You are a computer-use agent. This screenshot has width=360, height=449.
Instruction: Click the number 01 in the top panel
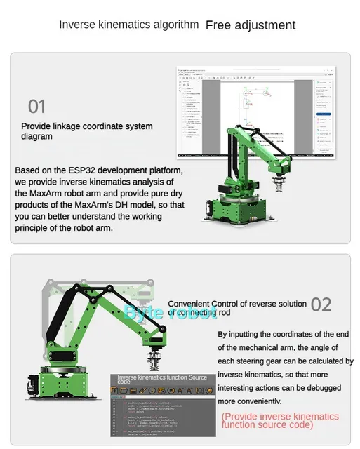coord(36,107)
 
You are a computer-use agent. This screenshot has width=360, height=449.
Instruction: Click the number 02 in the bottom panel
coord(321,304)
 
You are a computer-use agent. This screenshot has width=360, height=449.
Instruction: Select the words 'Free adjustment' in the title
coord(250,25)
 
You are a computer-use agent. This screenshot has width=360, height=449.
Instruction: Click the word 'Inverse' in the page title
coord(77,25)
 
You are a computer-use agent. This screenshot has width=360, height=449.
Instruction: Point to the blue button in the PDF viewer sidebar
coord(323,113)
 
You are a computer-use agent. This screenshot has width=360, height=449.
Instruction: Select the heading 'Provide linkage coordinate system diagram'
coord(86,131)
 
